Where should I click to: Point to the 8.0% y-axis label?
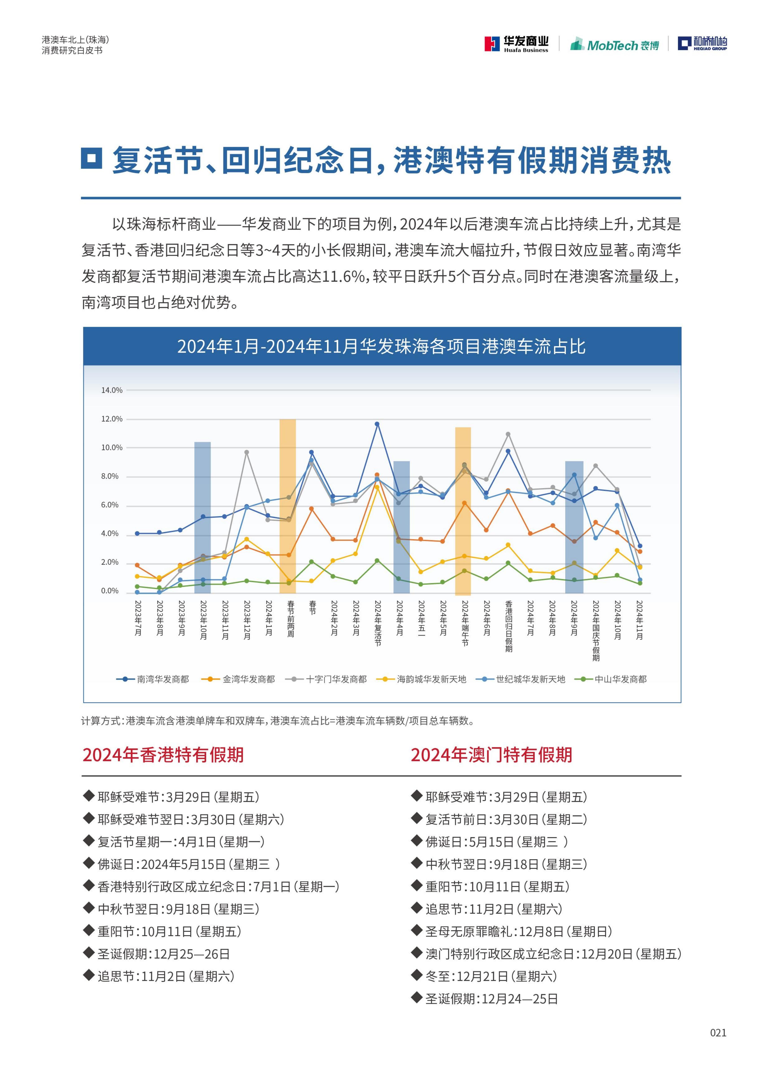(112, 476)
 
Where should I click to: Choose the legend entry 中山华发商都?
(611, 679)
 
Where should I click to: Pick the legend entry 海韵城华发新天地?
(422, 679)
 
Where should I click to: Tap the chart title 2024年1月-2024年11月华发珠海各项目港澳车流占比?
(382, 347)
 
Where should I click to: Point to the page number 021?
(718, 1032)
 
